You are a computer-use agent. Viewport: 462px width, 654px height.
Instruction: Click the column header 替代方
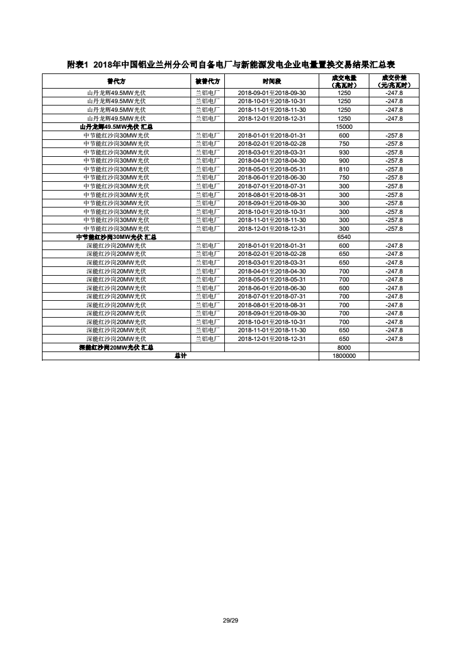[117, 81]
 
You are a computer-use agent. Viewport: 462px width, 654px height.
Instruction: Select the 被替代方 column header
[207, 81]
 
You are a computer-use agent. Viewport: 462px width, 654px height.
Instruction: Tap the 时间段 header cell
[271, 81]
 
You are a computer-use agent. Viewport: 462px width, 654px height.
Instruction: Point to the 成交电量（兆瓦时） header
[344, 81]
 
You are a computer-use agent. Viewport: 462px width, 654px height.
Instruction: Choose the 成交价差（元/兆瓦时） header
[394, 81]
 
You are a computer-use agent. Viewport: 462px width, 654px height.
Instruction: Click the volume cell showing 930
[344, 152]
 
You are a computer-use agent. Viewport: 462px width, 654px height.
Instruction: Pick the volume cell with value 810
[344, 169]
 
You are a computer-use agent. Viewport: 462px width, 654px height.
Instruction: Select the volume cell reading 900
[344, 160]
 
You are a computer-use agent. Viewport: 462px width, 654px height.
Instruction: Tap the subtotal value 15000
[344, 126]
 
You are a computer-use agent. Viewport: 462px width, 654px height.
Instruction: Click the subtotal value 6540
[344, 237]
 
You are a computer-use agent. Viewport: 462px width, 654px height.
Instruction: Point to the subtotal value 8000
[344, 347]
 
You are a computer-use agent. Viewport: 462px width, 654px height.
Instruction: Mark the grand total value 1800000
[344, 356]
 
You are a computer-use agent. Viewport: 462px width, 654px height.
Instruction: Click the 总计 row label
[180, 356]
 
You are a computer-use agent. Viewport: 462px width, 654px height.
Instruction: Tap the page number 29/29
[231, 620]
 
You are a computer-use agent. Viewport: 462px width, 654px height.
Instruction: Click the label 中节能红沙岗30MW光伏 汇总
[117, 237]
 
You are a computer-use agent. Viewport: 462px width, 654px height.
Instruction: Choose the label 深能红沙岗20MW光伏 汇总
[117, 347]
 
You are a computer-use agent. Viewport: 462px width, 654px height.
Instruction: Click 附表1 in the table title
[77, 65]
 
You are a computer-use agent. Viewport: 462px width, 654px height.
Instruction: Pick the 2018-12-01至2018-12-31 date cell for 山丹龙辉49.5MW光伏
[271, 118]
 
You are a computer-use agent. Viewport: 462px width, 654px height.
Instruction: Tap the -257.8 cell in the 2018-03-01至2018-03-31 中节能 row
[394, 152]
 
